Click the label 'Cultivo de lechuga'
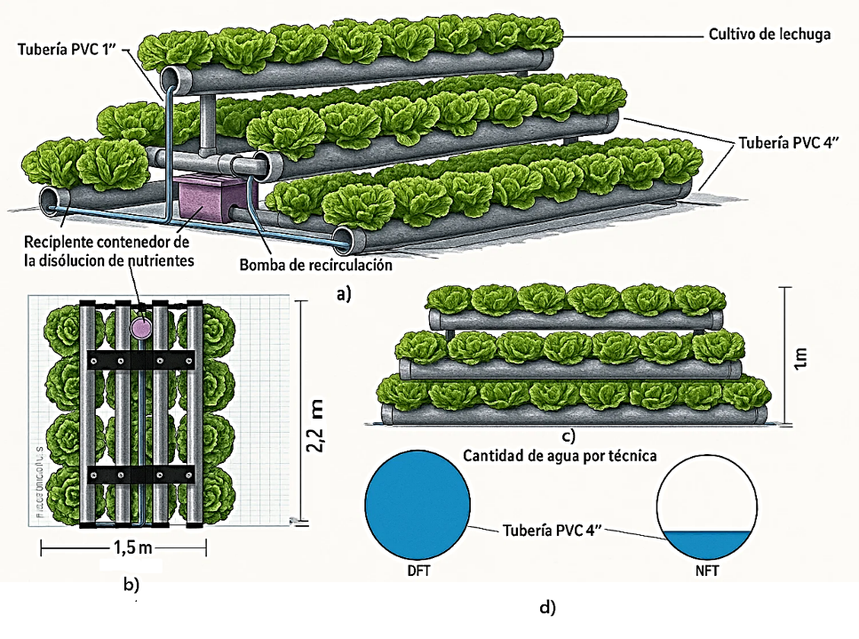[768, 35]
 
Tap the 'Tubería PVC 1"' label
[67, 51]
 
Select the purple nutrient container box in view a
[203, 201]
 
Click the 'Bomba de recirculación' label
[315, 265]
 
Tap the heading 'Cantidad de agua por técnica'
[560, 456]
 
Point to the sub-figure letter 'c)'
[569, 435]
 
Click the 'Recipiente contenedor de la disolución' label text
[106, 251]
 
